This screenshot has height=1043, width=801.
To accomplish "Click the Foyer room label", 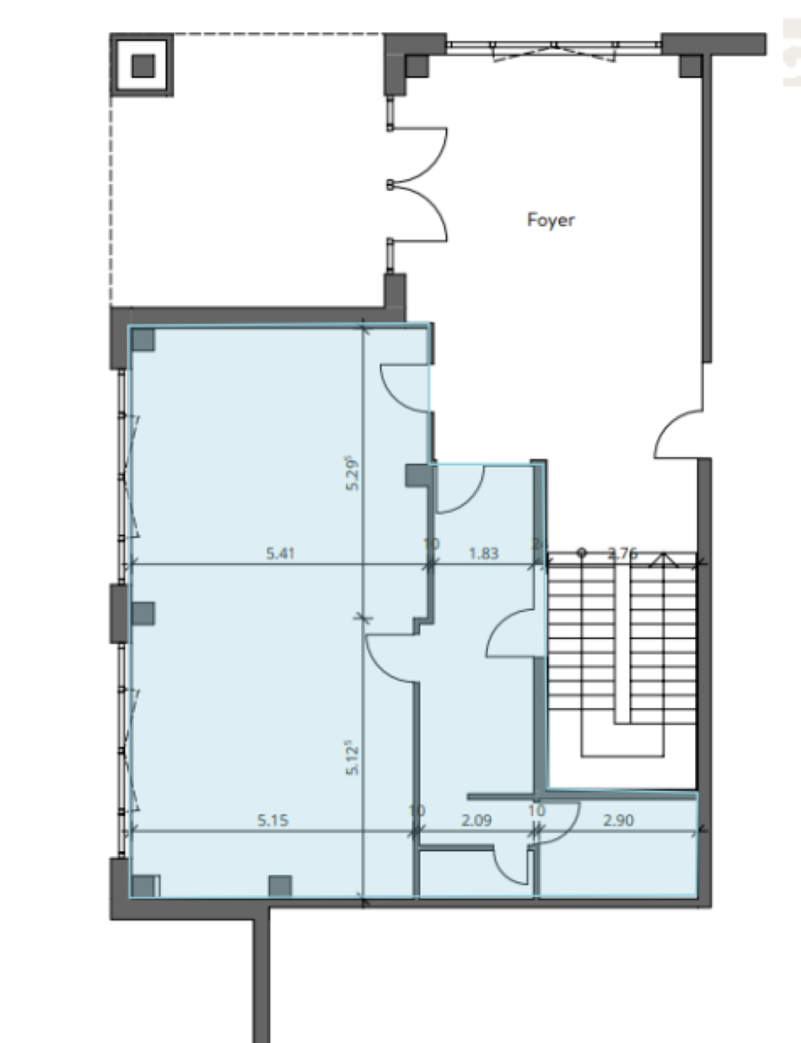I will point(551,220).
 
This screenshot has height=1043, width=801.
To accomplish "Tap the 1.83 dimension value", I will point(484,551).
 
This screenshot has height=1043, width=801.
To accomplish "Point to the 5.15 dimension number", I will point(272,818).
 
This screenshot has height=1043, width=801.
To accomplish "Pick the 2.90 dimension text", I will point(617,818).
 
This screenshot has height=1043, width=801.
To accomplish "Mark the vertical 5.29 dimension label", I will point(352,473).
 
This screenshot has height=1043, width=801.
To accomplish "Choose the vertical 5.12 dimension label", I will point(352,757).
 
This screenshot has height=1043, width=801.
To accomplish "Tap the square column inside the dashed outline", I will point(143,65).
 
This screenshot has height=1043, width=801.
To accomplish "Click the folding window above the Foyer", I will point(554,48).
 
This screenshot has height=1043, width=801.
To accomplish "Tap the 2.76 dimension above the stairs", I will point(622,551).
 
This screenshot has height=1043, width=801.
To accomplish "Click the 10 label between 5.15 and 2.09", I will point(417,810).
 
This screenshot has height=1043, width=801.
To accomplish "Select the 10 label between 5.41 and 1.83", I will point(431,544).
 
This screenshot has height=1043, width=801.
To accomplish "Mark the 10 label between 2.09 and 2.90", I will point(536,810).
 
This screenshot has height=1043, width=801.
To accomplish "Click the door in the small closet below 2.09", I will point(513,865).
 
